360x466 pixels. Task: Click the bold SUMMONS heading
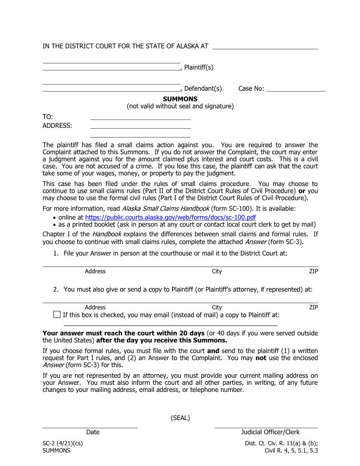pos(180,99)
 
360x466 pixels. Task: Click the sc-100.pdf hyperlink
pos(170,217)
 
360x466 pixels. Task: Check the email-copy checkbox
pos(56,315)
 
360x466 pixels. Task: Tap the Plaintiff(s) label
pos(199,67)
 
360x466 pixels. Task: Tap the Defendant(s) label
pos(202,88)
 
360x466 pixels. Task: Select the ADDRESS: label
pos(57,125)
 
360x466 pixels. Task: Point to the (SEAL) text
pos(180,418)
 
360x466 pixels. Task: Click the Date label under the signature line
pos(93,432)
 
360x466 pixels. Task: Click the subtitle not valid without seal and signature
pos(180,106)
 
